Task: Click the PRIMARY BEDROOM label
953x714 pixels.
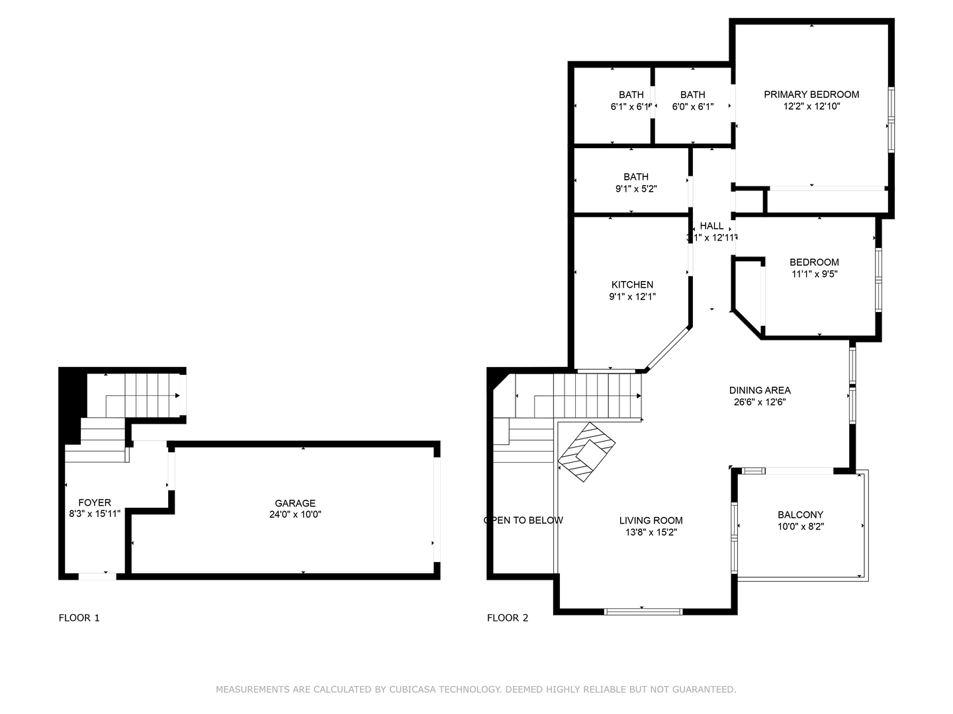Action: tap(811, 95)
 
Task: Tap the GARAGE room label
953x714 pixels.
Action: tap(295, 503)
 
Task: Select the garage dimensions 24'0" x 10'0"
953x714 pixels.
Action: tap(295, 514)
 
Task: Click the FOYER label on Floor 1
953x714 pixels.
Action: tap(95, 502)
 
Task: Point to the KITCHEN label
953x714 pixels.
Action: tap(632, 285)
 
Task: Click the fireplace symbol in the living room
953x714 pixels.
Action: tap(587, 452)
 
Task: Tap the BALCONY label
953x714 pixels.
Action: tap(800, 515)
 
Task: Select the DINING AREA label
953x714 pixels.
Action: tap(760, 390)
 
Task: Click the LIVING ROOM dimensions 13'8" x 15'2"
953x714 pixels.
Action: tap(651, 532)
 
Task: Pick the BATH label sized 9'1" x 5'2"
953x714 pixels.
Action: tap(636, 177)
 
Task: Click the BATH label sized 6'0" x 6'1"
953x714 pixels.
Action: tap(693, 95)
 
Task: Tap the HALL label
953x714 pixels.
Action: tap(711, 226)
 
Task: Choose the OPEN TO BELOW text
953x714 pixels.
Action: tap(523, 520)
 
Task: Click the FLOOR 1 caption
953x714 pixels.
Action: tap(79, 618)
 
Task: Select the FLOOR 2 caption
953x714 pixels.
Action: tap(508, 618)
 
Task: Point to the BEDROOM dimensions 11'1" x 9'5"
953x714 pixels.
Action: tap(814, 274)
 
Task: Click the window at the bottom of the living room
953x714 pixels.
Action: tap(643, 612)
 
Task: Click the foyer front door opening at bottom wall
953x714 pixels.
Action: tap(98, 576)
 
